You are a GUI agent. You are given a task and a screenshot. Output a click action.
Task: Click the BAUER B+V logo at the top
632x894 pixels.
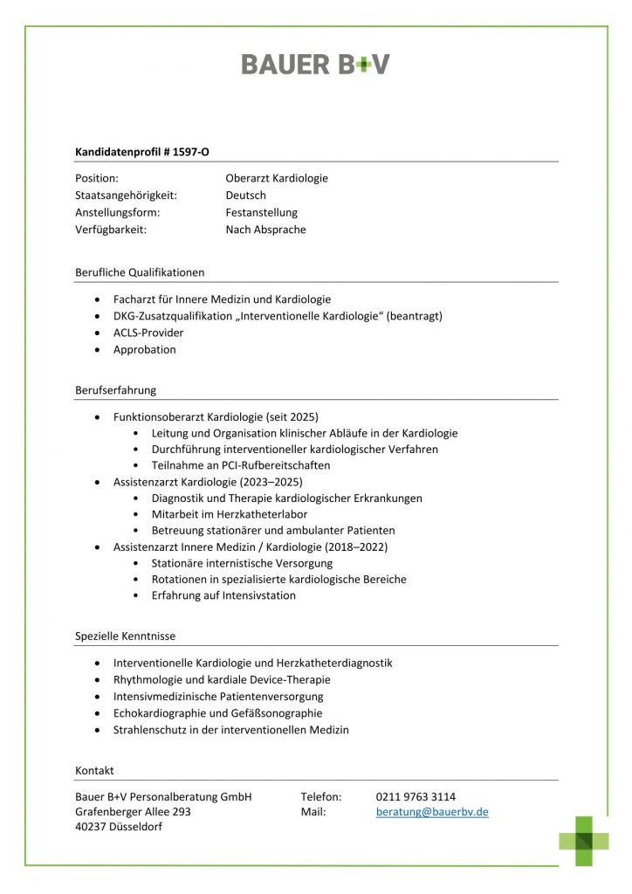[x=315, y=64]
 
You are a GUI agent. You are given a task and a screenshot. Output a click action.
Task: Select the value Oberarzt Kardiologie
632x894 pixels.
[x=277, y=178]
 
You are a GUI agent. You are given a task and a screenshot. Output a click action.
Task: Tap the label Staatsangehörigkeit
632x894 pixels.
[x=126, y=196]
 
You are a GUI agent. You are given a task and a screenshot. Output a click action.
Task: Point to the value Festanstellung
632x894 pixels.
[x=261, y=212]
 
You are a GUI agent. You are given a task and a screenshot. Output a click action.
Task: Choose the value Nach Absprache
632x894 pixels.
[x=265, y=230]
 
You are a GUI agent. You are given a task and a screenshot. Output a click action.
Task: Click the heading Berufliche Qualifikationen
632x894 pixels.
[x=140, y=272]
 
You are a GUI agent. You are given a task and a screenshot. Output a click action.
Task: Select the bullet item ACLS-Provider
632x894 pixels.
[x=148, y=333]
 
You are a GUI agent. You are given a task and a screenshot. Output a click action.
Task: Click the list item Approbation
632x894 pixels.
[x=145, y=349]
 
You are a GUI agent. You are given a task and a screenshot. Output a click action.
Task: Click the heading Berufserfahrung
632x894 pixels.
[x=115, y=390]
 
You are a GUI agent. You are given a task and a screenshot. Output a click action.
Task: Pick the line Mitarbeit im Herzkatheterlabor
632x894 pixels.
[x=230, y=514]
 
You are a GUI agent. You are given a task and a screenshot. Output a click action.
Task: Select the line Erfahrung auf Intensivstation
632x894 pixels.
[x=223, y=595]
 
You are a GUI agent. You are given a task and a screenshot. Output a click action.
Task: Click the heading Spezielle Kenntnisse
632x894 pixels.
[x=125, y=636]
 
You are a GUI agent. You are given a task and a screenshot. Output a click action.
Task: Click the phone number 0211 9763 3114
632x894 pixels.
[x=416, y=796]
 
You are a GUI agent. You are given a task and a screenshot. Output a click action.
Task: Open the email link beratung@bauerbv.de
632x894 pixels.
[x=432, y=812]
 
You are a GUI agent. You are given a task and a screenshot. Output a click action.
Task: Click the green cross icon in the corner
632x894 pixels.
[x=585, y=840]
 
